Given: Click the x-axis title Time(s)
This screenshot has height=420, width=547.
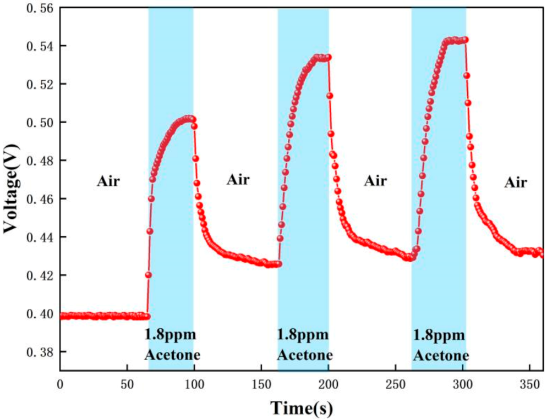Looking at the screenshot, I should coord(301,408).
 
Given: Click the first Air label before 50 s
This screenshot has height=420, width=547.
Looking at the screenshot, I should coord(108,181).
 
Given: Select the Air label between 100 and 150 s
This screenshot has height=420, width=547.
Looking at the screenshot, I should coord(238,179).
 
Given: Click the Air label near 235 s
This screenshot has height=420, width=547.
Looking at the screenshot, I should coord(375,181).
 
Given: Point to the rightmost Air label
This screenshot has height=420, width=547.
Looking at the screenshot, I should coord(515,182).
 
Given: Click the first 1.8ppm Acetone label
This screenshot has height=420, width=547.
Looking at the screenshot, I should coord(172,344).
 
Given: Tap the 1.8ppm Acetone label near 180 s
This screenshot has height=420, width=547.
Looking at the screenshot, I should coord(304,344).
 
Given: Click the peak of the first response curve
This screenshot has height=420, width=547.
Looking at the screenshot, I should coord(189,118).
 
